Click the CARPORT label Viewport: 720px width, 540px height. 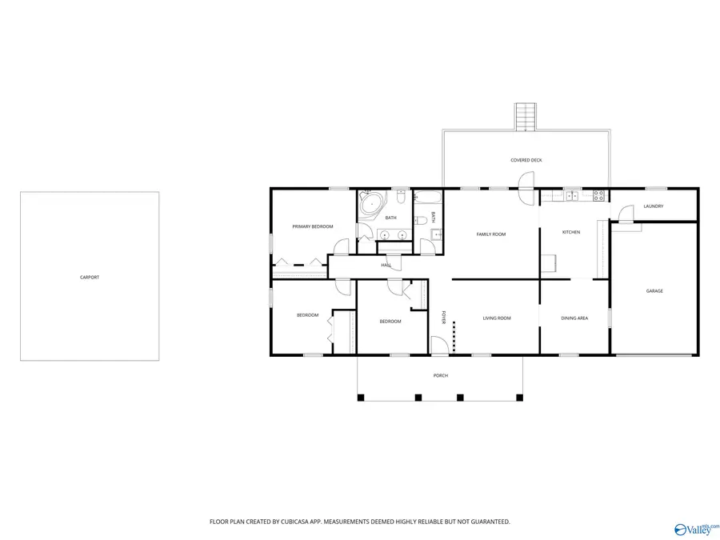(90, 278)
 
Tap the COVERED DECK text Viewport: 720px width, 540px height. (526, 160)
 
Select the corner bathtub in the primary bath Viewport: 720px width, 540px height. (371, 202)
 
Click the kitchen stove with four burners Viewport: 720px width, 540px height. (598, 196)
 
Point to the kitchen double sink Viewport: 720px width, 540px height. (572, 196)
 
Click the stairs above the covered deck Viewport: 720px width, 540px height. (526, 117)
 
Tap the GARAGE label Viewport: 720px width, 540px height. (654, 291)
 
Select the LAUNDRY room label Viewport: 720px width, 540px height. (654, 206)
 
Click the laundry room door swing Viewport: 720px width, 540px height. (626, 214)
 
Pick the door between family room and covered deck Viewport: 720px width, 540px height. (527, 187)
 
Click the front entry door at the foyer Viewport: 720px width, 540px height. (439, 346)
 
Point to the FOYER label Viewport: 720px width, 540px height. (443, 318)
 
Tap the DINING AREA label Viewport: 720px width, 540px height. (574, 318)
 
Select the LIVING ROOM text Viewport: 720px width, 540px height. (497, 318)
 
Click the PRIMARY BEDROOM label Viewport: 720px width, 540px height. (313, 227)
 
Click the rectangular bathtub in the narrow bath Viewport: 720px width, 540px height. (428, 198)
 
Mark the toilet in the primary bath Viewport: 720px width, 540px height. (401, 197)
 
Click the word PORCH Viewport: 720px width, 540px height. (441, 376)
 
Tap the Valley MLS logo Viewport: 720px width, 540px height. (694, 530)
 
